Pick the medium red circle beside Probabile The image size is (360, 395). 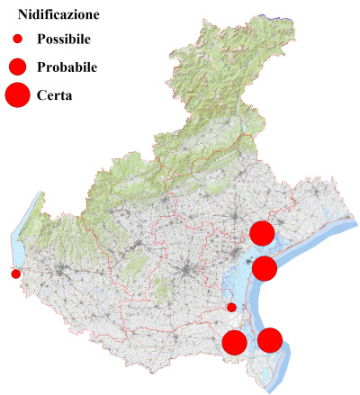(x=18, y=67)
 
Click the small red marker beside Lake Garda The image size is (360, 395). (x=15, y=274)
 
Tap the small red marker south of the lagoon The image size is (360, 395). (x=231, y=308)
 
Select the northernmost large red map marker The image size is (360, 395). (x=262, y=233)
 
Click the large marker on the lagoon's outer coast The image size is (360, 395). (x=264, y=267)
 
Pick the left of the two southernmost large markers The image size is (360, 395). (x=234, y=343)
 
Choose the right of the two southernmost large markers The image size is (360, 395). (x=270, y=340)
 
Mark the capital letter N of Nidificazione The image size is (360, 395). (x=23, y=14)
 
